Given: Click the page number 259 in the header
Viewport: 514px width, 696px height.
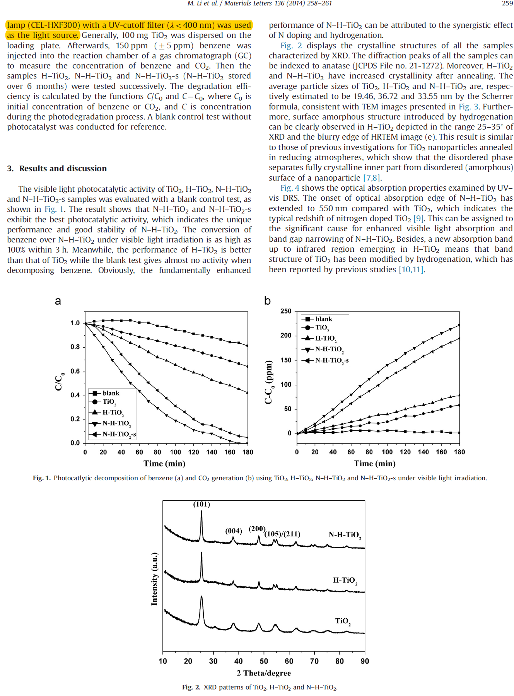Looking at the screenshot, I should (507, 3).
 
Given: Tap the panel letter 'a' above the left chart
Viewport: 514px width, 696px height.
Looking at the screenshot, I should (58, 301).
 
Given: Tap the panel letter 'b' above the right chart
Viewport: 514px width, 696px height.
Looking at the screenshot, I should (267, 300).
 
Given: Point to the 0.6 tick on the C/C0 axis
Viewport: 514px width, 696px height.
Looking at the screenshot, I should (75, 371).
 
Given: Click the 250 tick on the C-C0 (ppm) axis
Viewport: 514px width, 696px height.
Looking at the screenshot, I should (286, 311).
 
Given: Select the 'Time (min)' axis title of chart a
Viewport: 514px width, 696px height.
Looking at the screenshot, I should (164, 464).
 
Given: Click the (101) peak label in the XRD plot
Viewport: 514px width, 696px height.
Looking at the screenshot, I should (202, 504).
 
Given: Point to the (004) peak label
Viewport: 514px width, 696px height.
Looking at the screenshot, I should (234, 531).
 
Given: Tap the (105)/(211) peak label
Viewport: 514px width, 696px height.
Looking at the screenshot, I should (282, 534).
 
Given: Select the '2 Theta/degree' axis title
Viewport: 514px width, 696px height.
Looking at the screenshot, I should (264, 673).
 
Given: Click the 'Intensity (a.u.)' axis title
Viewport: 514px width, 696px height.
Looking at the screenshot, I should (154, 578).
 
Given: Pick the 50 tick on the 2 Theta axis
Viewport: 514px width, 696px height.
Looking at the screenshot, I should (264, 661).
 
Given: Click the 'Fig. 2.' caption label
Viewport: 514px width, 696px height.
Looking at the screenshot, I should (191, 687).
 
